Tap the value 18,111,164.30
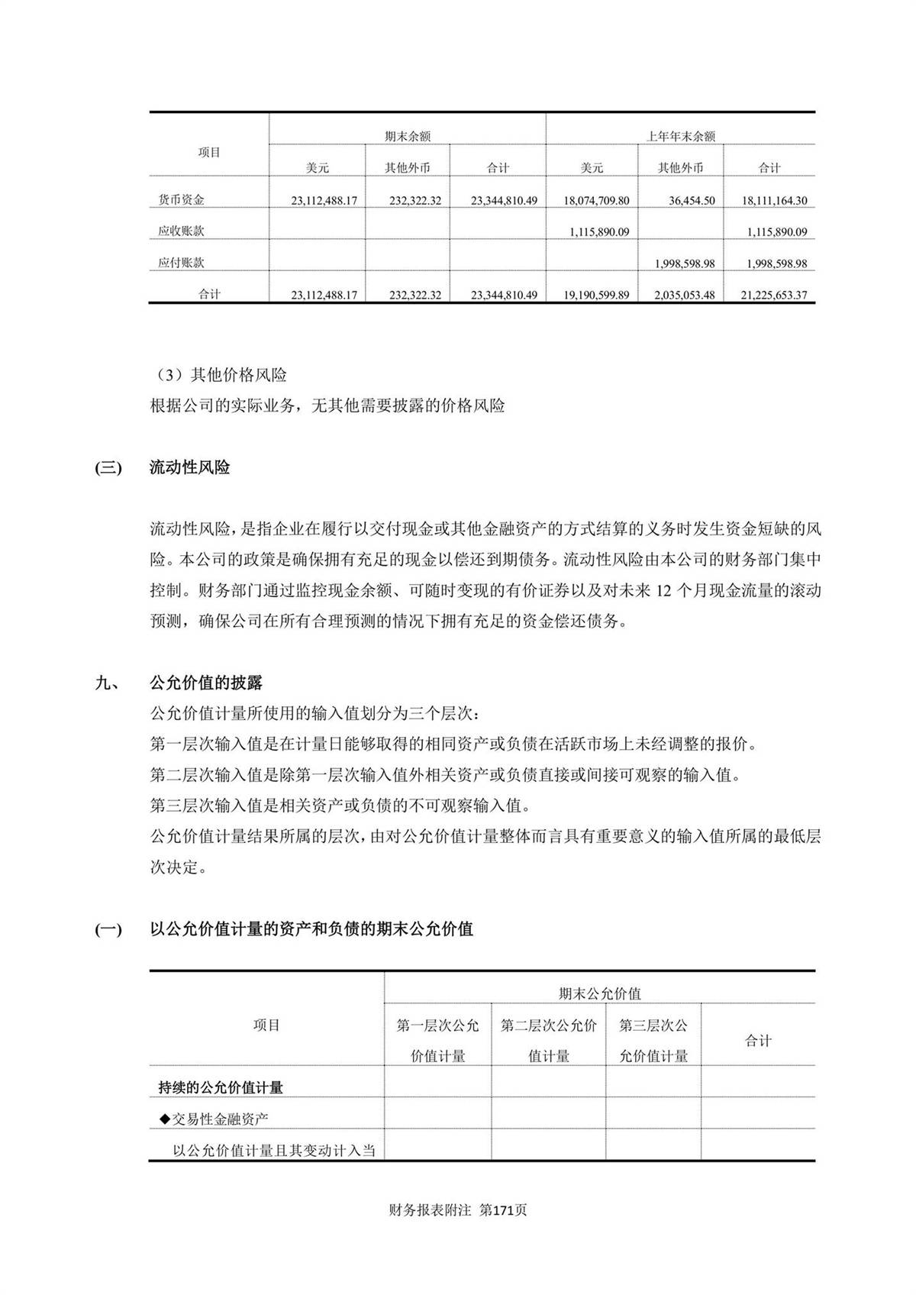pyautogui.click(x=774, y=201)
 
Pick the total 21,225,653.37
pyautogui.click(x=774, y=295)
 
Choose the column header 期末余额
pyautogui.click(x=408, y=136)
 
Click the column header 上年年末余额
pyautogui.click(x=680, y=136)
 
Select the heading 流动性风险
pyautogui.click(x=190, y=467)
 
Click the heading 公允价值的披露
pyautogui.click(x=207, y=682)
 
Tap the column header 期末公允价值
pyautogui.click(x=599, y=993)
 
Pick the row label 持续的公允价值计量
pyautogui.click(x=221, y=1087)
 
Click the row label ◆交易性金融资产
pyautogui.click(x=214, y=1119)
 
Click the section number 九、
pyautogui.click(x=105, y=682)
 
